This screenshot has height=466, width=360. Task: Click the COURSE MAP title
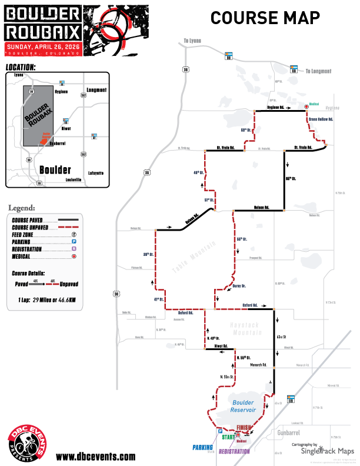[x=265, y=18]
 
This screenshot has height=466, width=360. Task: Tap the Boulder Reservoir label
[x=243, y=407]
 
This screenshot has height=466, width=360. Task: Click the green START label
[x=229, y=437]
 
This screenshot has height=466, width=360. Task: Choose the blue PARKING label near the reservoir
[x=202, y=447]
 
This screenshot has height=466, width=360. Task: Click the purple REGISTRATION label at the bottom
[x=234, y=451]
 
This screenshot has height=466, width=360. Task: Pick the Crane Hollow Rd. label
[x=322, y=119]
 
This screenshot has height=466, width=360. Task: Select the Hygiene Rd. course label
[x=276, y=108]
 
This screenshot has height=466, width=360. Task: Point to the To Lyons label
[x=192, y=40]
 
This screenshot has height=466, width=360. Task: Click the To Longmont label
[x=318, y=71]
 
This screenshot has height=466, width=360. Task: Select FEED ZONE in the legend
[x=26, y=234]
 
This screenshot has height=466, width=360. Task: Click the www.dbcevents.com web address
[x=95, y=456]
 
